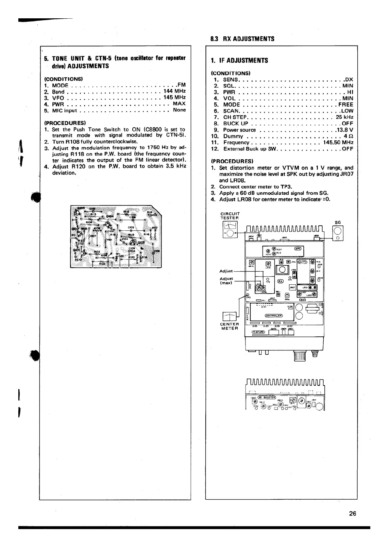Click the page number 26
(x=352, y=513)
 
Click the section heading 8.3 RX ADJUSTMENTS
(x=242, y=39)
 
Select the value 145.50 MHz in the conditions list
(x=338, y=142)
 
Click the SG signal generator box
(x=338, y=233)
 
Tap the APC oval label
(x=299, y=248)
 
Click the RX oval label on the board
(x=280, y=281)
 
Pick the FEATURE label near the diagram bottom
(x=258, y=332)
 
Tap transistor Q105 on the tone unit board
(x=134, y=242)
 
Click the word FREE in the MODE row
(x=346, y=105)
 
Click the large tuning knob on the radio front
(x=300, y=356)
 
